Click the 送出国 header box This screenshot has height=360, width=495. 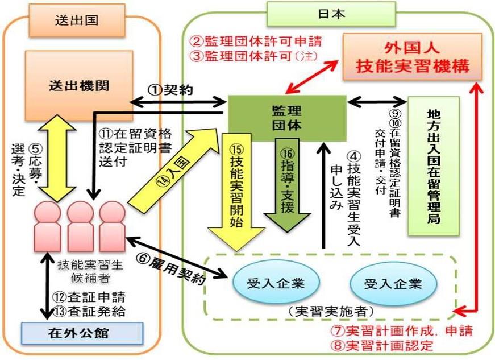pyautogui.click(x=77, y=20)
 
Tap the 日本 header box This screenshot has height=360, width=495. pyautogui.click(x=331, y=14)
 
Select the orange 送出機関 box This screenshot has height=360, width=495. pyautogui.click(x=79, y=86)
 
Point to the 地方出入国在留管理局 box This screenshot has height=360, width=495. pyautogui.click(x=434, y=166)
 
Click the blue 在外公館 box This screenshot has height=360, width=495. pyautogui.click(x=82, y=333)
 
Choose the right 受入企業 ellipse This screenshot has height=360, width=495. pyautogui.click(x=393, y=284)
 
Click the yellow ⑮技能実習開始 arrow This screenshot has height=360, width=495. pyautogui.click(x=236, y=192)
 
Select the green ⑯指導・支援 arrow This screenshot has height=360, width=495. pyautogui.click(x=287, y=185)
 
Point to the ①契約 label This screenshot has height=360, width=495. pyautogui.click(x=170, y=90)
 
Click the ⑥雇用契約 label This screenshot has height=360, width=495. pyautogui.click(x=172, y=269)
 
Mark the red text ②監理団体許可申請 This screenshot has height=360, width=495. pyautogui.click(x=256, y=42)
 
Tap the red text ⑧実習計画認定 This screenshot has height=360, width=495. pyautogui.click(x=382, y=345)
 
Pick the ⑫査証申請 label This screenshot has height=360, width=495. pyautogui.click(x=89, y=297)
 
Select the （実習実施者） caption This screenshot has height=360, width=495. pyautogui.click(x=331, y=311)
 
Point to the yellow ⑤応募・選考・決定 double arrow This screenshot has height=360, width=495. pyautogui.click(x=57, y=158)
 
